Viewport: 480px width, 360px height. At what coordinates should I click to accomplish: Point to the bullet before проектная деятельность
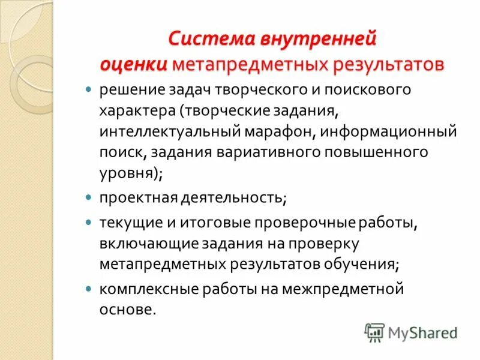point(88,197)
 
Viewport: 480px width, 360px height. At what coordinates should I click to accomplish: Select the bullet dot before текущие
point(88,222)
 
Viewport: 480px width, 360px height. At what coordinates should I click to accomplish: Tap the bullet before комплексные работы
point(88,289)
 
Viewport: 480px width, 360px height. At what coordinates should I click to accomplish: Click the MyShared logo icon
point(374,331)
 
